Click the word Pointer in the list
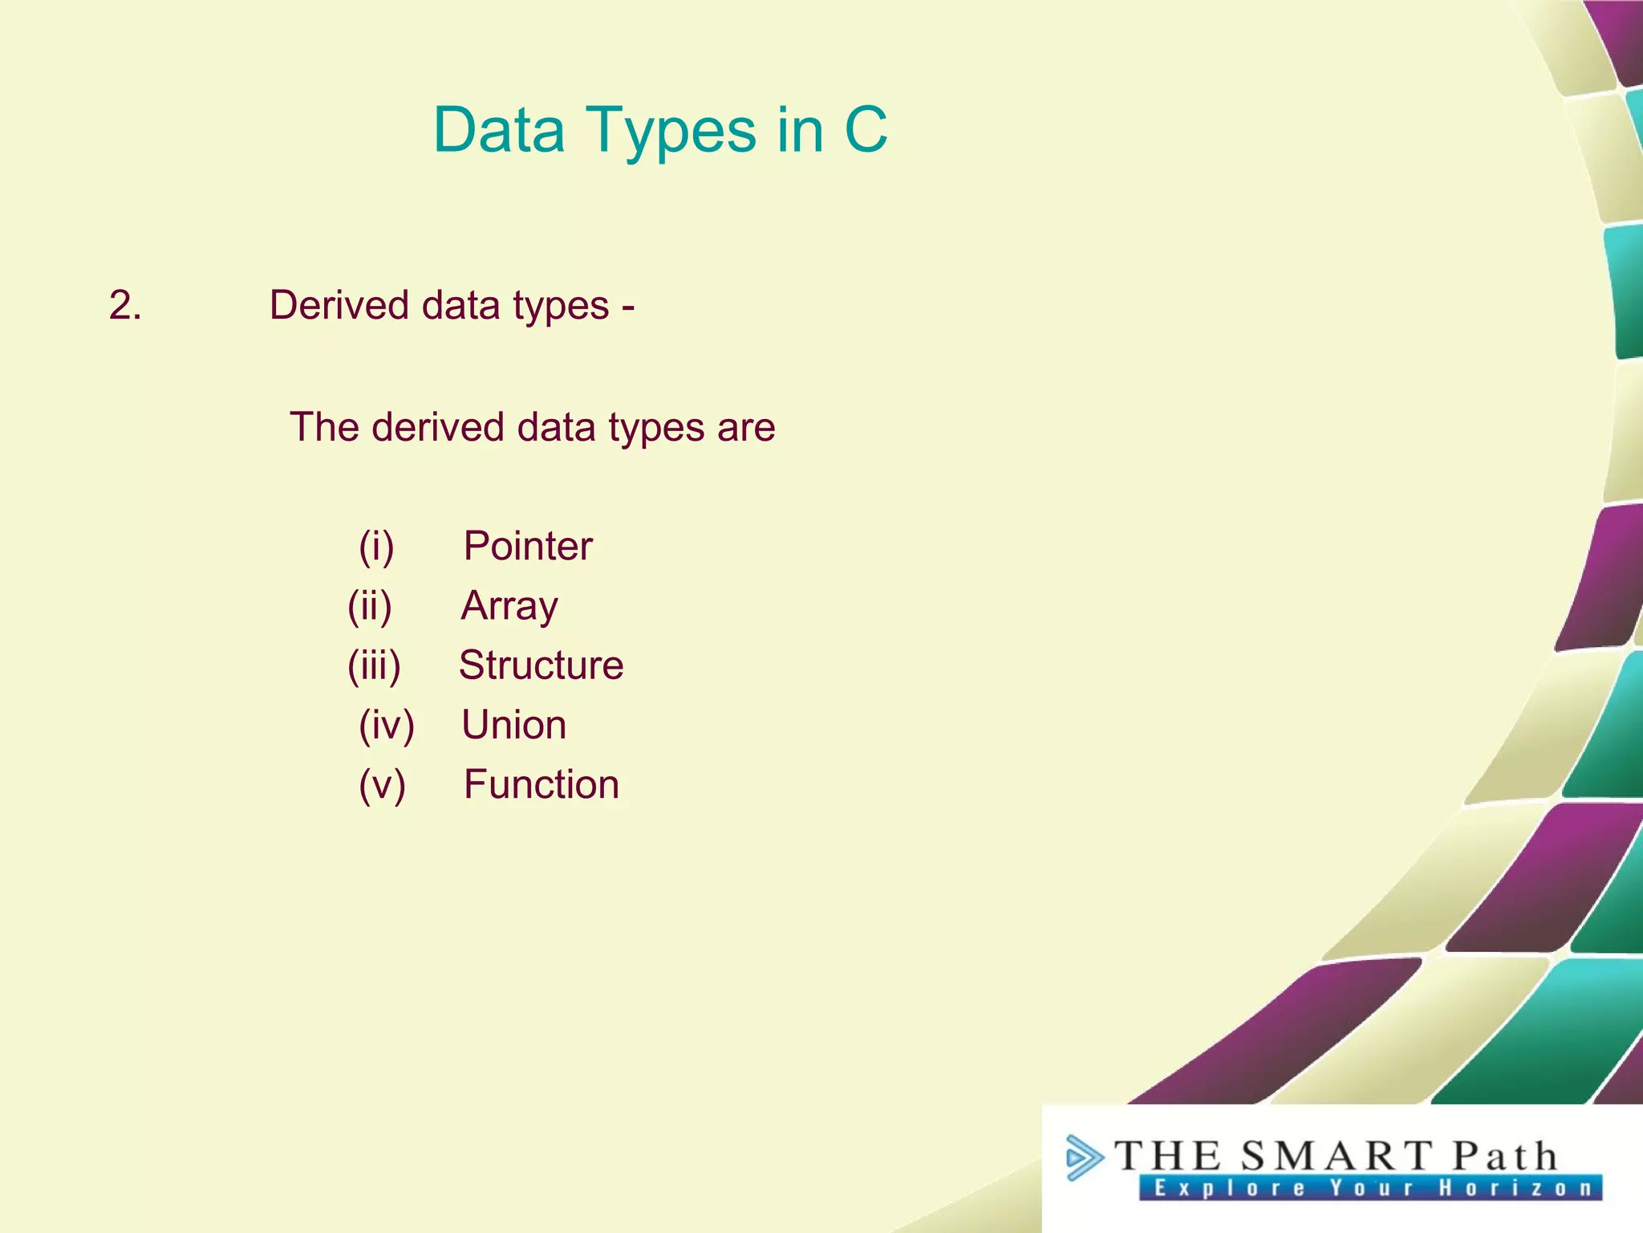coord(528,547)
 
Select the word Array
coord(509,607)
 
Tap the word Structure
coord(541,665)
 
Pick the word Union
coord(513,725)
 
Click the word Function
coord(542,784)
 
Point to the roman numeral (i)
coord(376,547)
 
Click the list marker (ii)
coord(370,606)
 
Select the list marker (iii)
coord(374,665)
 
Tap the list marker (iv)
coord(386,725)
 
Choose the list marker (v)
coord(382,784)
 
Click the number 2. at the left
coord(125,306)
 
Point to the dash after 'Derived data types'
coord(628,307)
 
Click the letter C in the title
coord(866,130)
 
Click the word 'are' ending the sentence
coord(746,428)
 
